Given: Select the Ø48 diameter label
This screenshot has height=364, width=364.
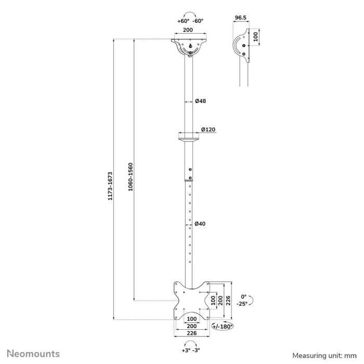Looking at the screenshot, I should (x=201, y=101).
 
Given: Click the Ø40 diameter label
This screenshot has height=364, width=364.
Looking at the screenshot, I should (x=201, y=224).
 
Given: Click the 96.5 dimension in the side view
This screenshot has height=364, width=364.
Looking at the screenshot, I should (x=240, y=18).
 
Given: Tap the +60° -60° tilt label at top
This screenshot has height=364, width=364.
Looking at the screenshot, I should (x=190, y=21).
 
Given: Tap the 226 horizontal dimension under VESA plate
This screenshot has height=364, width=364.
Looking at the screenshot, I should (x=192, y=333).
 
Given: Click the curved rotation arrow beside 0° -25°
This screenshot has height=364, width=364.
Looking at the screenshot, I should (x=251, y=300).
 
